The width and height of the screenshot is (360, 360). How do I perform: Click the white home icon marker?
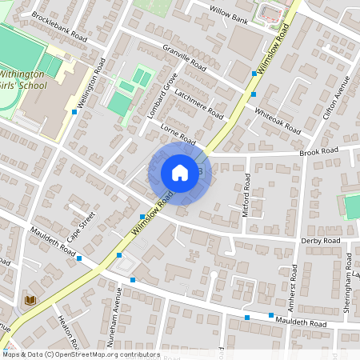point(180,173)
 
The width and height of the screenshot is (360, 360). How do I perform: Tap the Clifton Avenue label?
point(337,97)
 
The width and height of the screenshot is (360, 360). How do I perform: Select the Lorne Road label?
point(178,134)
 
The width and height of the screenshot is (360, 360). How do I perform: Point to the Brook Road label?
point(318,151)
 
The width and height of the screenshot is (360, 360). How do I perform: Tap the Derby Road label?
point(320,240)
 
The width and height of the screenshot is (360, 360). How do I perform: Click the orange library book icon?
point(31,299)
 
